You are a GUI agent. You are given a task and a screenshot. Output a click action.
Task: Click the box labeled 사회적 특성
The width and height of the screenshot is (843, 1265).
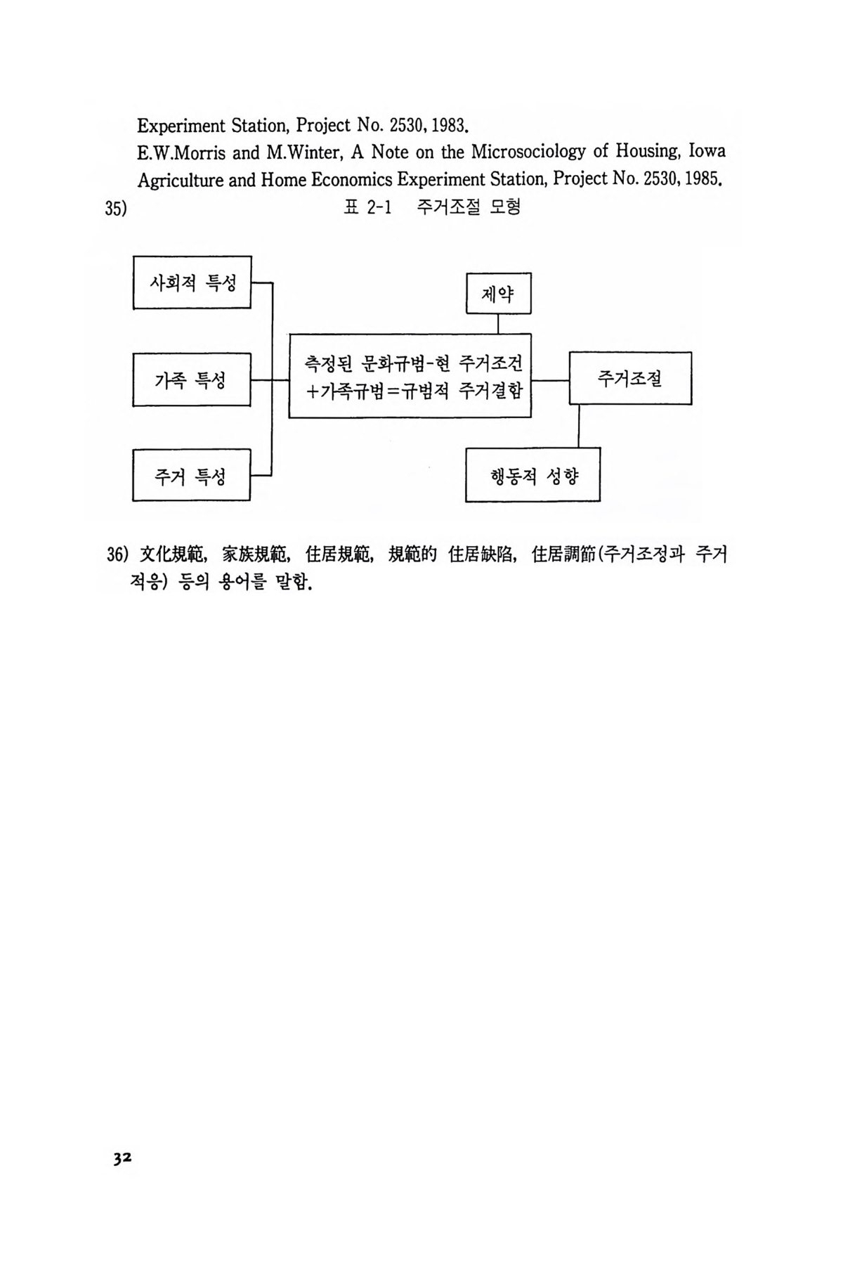tap(192, 283)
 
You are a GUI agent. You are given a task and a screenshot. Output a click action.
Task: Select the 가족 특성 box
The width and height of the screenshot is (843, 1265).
tap(192, 380)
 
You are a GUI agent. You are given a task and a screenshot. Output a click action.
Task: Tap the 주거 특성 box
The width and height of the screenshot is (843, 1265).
tap(192, 475)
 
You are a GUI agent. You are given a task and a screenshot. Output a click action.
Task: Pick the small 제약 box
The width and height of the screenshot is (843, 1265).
tap(499, 293)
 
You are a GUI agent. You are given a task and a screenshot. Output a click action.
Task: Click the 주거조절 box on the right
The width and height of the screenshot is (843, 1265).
tap(630, 378)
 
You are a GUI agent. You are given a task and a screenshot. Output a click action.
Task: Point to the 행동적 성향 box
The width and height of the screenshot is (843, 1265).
tap(533, 474)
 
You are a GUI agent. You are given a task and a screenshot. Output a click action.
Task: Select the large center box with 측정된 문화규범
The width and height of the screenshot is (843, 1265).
tap(410, 376)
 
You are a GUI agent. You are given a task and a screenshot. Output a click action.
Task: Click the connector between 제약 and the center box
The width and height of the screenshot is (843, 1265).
tap(498, 324)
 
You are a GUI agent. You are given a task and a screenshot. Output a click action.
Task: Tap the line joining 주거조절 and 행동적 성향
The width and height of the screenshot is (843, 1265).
tap(579, 426)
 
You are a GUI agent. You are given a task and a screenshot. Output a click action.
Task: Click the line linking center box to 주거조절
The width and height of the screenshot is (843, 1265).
tap(550, 380)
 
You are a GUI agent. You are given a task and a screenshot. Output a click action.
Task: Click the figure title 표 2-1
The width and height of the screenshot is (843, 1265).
tap(367, 208)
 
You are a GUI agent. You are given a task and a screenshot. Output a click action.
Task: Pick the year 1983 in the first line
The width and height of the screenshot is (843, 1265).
tap(448, 126)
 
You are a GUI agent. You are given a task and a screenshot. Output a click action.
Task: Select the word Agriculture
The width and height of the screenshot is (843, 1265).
tap(181, 181)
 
